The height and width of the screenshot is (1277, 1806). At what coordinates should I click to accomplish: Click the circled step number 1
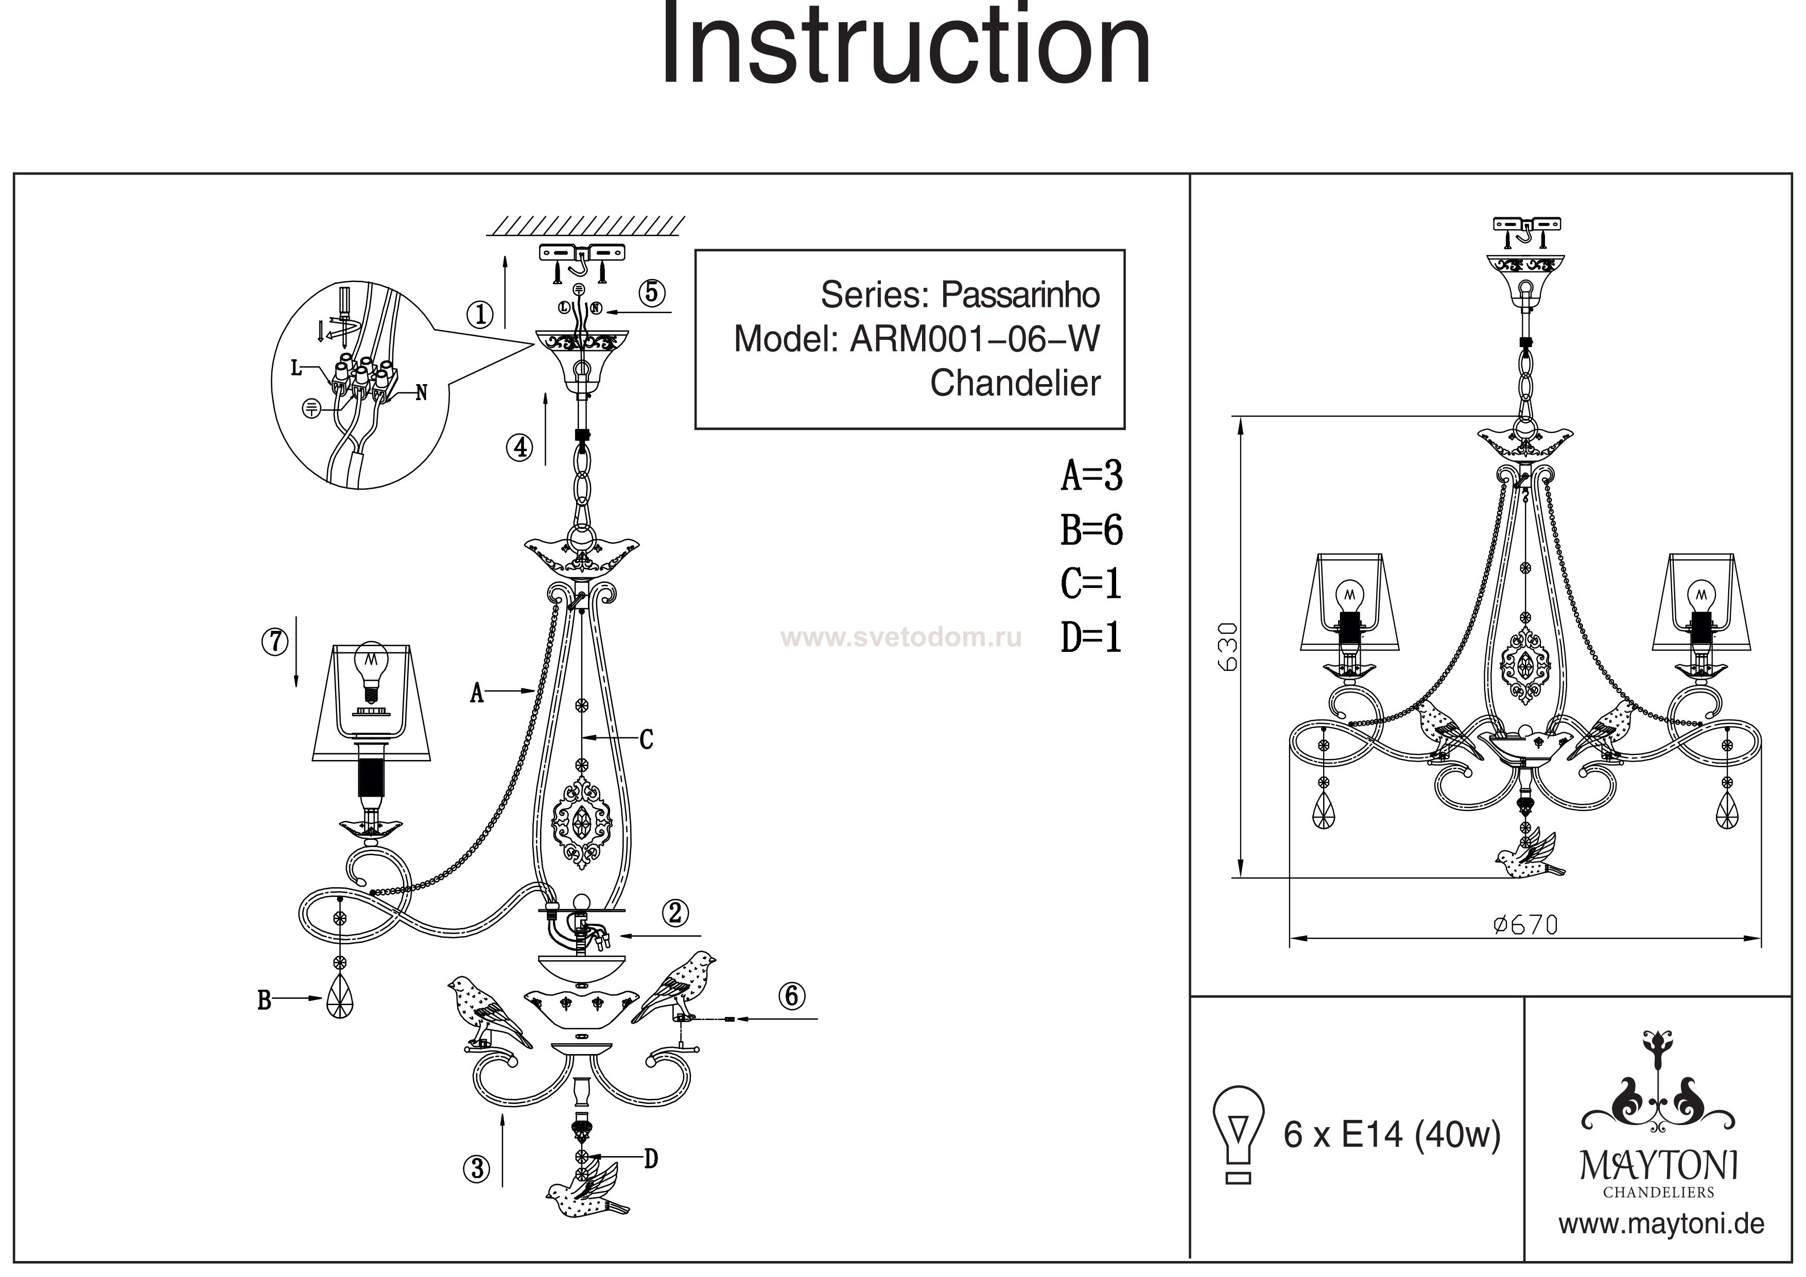point(480,316)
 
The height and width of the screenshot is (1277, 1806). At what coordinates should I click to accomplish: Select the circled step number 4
point(519,447)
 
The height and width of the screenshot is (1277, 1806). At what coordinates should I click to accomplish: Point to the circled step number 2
point(675,913)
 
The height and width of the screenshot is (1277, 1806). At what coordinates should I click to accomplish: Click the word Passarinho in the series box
point(1020,295)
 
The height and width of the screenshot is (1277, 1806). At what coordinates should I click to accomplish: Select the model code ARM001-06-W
point(975,339)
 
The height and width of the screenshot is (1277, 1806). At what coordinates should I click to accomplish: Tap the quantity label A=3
point(1092,475)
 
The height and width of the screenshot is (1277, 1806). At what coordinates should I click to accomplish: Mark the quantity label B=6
point(1092,530)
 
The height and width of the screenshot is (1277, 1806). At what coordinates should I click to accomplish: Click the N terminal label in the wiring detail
point(422,392)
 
